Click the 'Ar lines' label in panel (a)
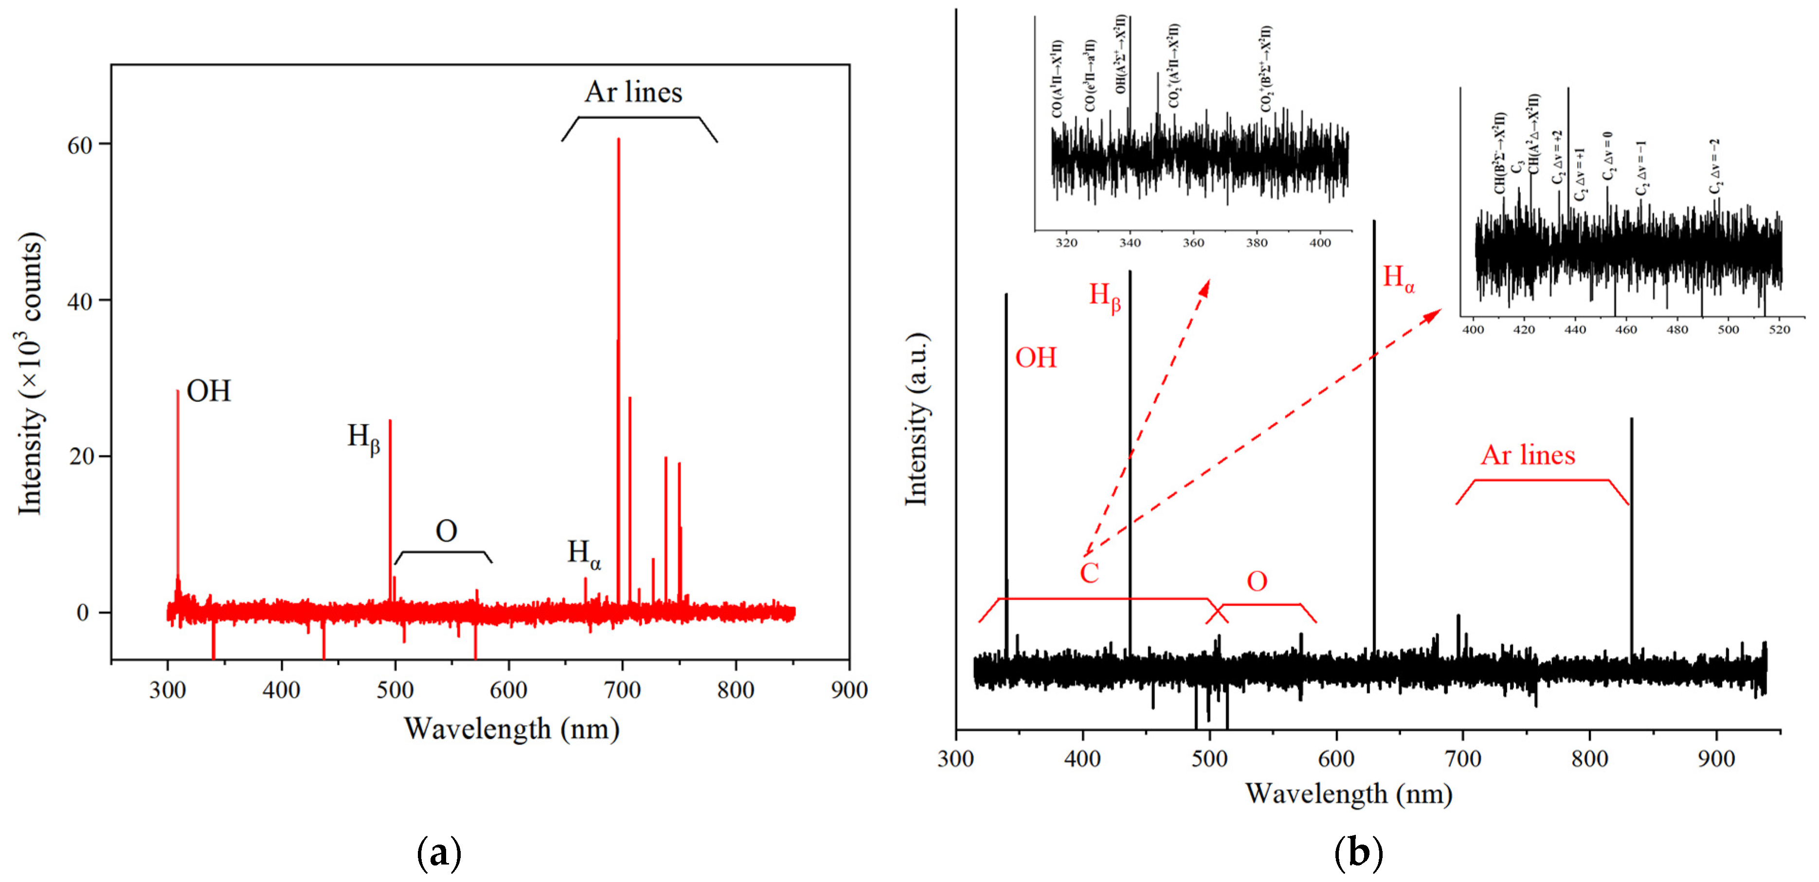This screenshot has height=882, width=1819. click(633, 92)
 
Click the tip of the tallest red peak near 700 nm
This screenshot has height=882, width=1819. click(618, 139)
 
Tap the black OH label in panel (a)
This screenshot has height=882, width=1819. click(209, 391)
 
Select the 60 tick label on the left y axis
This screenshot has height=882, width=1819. click(79, 145)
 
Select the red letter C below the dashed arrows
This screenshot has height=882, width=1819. click(1089, 573)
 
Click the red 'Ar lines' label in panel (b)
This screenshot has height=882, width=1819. click(1528, 455)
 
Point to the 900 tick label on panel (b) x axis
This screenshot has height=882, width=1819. click(1716, 759)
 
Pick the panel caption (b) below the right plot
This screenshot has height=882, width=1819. click(1358, 853)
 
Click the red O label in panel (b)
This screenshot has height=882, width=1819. click(1257, 581)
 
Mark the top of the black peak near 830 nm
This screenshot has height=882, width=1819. click(1631, 419)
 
